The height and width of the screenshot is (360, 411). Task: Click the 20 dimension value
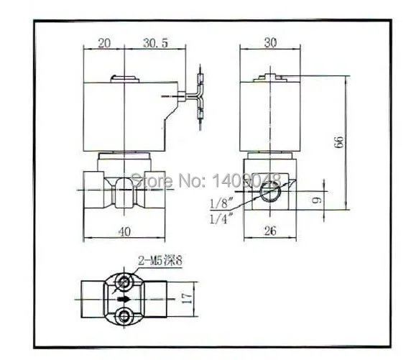coord(104,43)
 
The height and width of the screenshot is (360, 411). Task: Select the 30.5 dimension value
coord(155,43)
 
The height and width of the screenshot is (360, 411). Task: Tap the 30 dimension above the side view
coord(270,42)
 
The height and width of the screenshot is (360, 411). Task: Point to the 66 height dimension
coord(339,142)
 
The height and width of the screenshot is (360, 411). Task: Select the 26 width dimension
coord(270,231)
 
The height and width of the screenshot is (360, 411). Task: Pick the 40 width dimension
coord(124,232)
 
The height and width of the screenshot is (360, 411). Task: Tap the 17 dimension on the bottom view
coord(187,299)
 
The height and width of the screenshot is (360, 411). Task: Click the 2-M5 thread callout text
coord(160,261)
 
